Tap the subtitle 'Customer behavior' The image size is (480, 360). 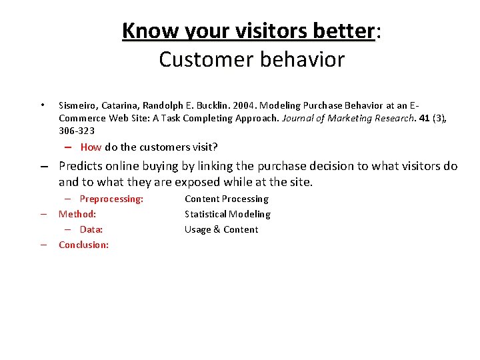pyautogui.click(x=251, y=59)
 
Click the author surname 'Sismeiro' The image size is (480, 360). pyautogui.click(x=78, y=105)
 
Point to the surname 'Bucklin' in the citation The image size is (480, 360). pyautogui.click(x=208, y=105)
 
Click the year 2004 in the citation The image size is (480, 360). pyautogui.click(x=243, y=105)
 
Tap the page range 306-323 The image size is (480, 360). pyautogui.click(x=77, y=131)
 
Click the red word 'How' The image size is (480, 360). pyautogui.click(x=91, y=147)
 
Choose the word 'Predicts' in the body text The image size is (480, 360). pyautogui.click(x=81, y=166)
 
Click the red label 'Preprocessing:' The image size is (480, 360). pyautogui.click(x=111, y=199)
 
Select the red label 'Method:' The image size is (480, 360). pyautogui.click(x=77, y=214)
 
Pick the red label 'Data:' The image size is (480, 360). pyautogui.click(x=91, y=229)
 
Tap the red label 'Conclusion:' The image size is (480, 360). pyautogui.click(x=84, y=245)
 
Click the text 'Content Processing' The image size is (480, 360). pyautogui.click(x=227, y=199)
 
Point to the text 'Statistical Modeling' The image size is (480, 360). pyautogui.click(x=227, y=214)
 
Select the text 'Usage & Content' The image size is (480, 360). pyautogui.click(x=221, y=229)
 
